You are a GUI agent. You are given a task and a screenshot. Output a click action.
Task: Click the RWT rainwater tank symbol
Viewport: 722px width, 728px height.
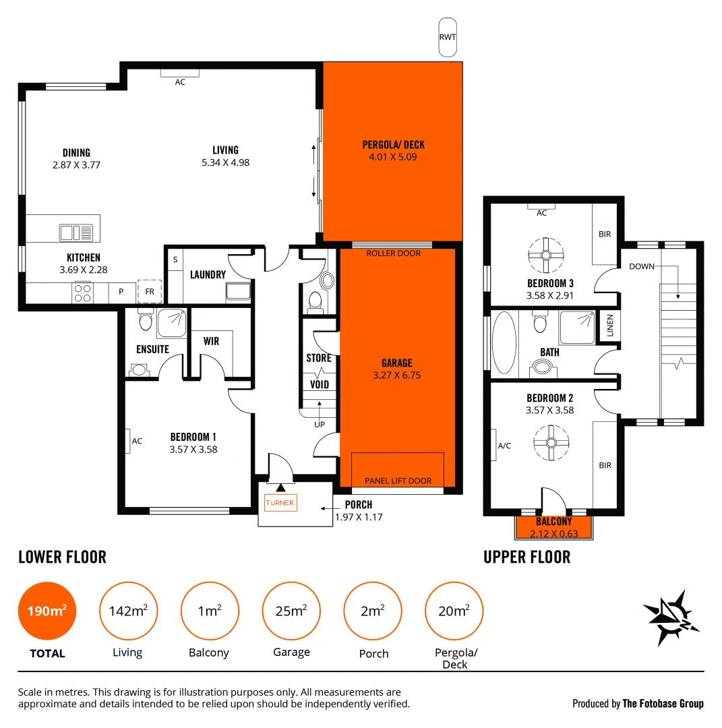tap(447, 37)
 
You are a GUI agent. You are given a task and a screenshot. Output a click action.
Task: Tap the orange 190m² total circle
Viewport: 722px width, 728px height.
tap(47, 611)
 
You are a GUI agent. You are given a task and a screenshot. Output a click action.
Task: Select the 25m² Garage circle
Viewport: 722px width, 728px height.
tap(291, 611)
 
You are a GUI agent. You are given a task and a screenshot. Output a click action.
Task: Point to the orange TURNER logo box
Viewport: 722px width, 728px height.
tap(280, 502)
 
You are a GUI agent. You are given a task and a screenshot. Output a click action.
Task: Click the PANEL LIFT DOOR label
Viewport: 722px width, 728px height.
tap(398, 481)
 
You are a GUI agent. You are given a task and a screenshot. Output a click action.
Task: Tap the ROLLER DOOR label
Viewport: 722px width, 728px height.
tap(393, 253)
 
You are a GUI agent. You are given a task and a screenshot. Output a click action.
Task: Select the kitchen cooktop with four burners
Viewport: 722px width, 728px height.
tap(82, 293)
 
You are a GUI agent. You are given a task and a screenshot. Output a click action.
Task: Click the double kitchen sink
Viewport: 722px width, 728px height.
tap(76, 233)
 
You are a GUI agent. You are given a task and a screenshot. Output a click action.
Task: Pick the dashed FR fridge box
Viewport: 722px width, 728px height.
tap(149, 292)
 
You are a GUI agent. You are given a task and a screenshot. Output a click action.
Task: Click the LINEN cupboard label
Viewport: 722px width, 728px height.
tap(610, 326)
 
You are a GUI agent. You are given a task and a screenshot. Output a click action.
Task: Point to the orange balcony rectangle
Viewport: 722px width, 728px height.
tap(553, 527)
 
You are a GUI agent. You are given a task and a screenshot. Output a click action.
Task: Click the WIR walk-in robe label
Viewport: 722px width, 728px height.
tap(212, 341)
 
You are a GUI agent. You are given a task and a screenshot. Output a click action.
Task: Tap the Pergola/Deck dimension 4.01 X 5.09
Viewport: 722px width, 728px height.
tap(393, 157)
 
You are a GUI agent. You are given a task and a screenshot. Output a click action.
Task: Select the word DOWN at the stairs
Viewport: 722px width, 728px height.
tap(642, 266)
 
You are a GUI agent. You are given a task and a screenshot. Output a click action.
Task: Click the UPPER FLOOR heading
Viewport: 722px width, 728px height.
tap(527, 557)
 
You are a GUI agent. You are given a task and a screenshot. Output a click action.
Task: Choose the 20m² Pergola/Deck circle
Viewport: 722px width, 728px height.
tap(454, 611)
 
